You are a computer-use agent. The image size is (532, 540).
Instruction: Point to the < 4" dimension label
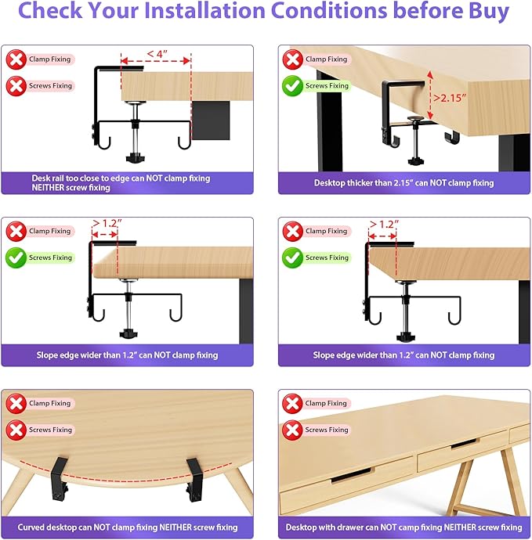click(x=155, y=54)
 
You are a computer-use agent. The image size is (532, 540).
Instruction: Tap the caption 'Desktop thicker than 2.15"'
click(x=404, y=183)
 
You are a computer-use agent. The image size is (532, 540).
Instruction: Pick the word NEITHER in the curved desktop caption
click(x=172, y=527)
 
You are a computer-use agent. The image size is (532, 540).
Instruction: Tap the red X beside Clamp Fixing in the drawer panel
click(x=293, y=404)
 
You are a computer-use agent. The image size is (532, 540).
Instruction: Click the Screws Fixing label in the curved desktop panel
click(x=51, y=430)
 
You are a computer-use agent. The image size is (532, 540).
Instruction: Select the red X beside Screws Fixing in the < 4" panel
click(x=16, y=85)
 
